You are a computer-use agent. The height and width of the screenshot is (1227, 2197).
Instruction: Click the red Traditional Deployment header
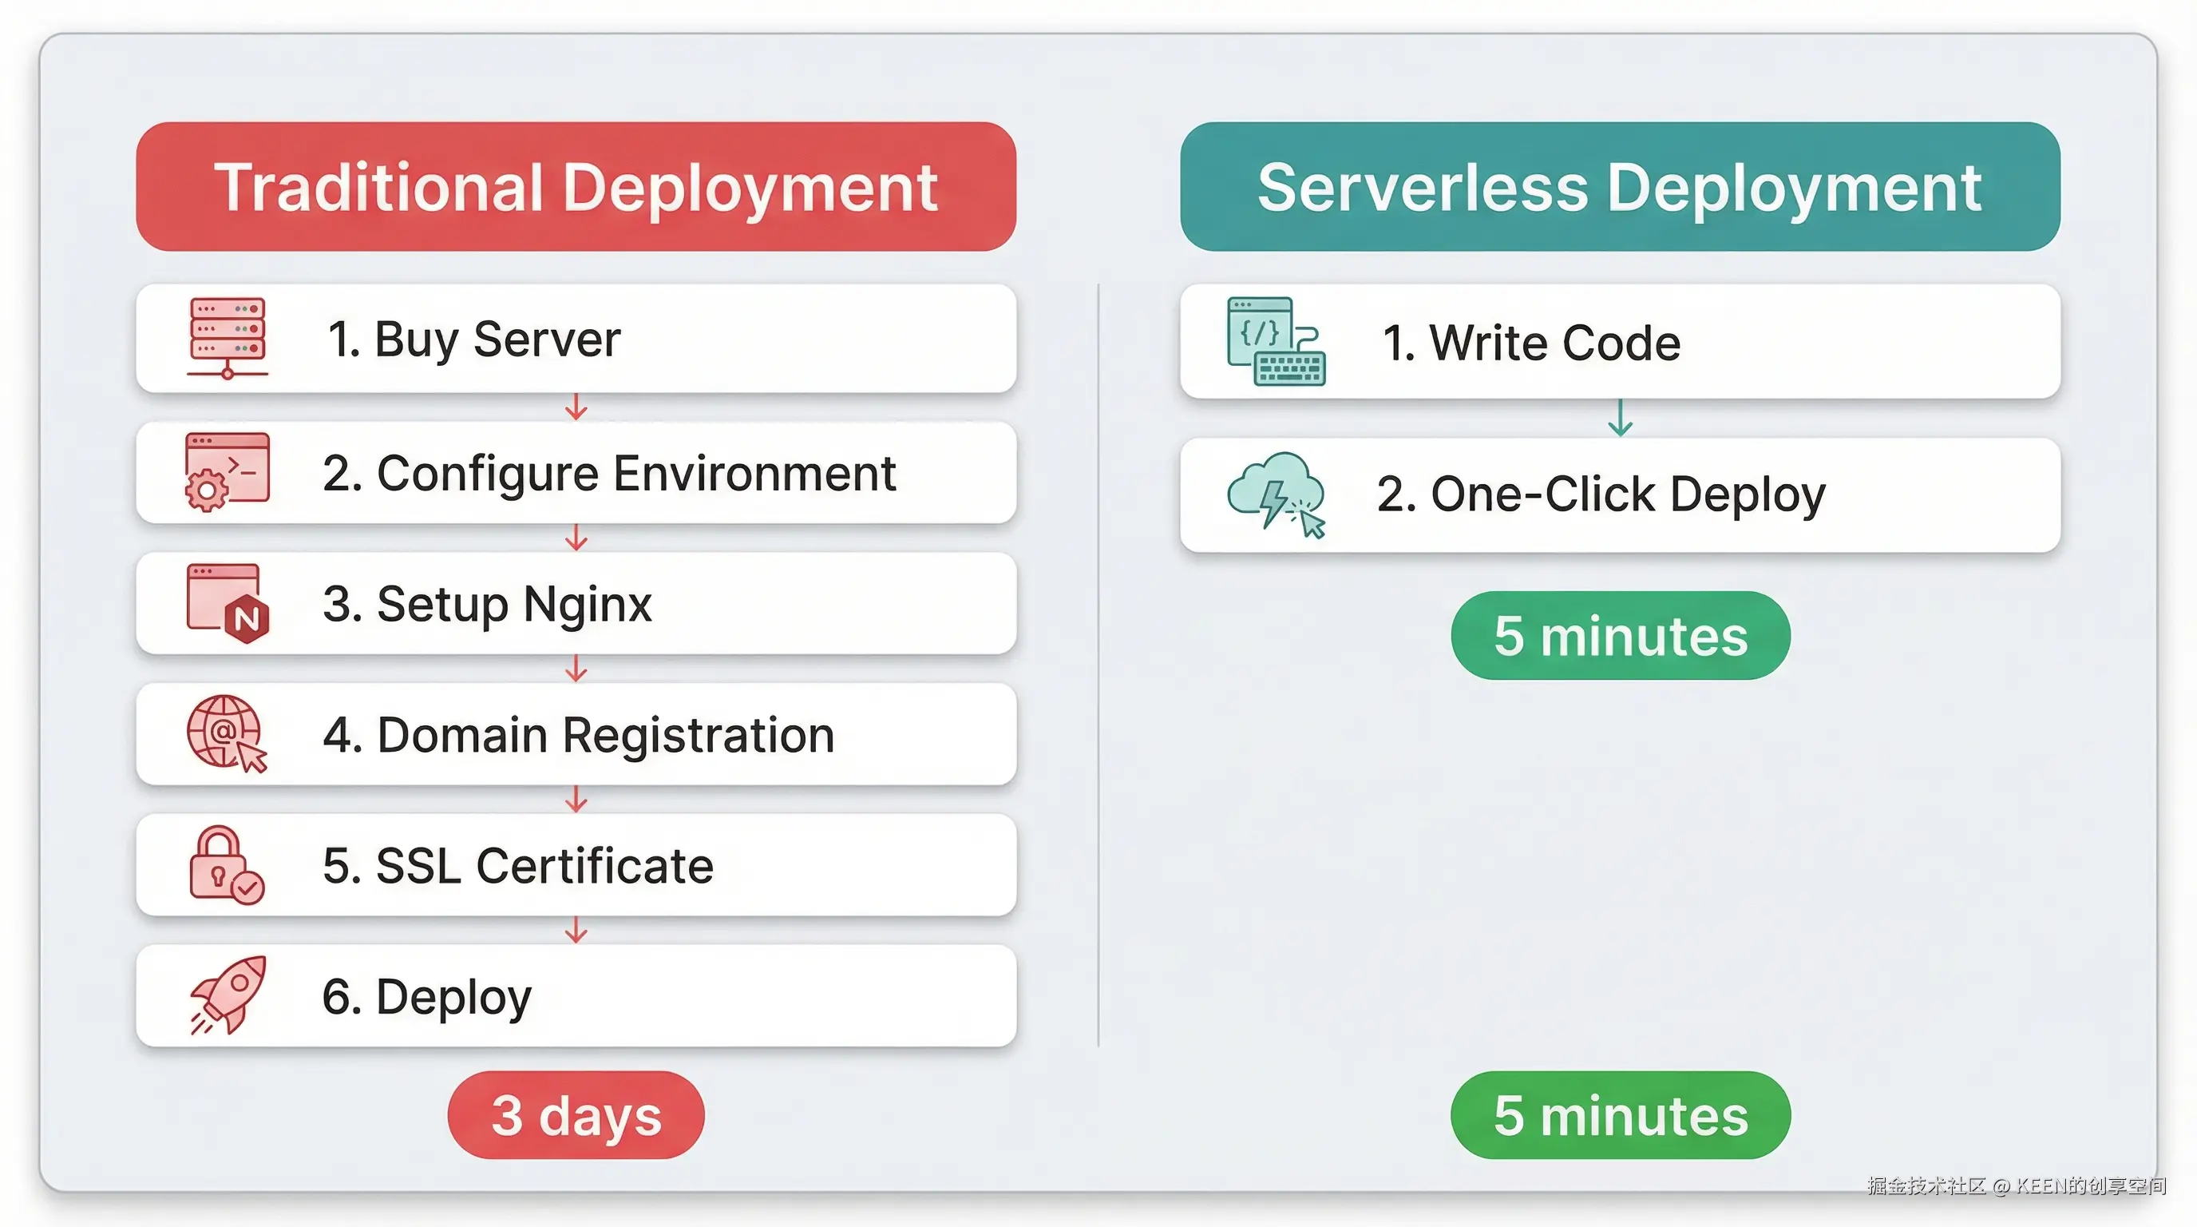coord(576,186)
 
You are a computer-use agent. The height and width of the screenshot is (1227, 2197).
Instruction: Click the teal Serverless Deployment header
coord(1620,186)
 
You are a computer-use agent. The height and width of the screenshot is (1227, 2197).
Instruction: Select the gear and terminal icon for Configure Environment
coord(227,472)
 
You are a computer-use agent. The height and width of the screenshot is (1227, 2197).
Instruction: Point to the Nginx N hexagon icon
coord(247,617)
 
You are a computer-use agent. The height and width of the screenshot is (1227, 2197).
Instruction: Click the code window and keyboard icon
coord(1275,341)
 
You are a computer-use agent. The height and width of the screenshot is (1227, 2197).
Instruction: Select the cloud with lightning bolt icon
coord(1275,493)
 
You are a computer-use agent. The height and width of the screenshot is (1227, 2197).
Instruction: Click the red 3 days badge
coord(576,1114)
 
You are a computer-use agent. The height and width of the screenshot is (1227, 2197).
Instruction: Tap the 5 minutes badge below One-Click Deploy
coord(1620,635)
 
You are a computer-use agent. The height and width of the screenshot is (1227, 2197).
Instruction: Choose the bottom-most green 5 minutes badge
coord(1620,1114)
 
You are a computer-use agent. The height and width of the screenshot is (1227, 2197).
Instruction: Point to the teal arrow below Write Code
coord(1620,417)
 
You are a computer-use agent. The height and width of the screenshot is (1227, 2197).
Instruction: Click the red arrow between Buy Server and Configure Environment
coord(576,407)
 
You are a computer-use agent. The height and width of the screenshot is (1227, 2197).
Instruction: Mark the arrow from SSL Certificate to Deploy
coord(576,930)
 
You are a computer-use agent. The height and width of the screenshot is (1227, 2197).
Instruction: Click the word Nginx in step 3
coord(587,604)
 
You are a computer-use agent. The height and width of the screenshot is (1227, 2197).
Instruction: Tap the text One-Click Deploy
coord(1601,494)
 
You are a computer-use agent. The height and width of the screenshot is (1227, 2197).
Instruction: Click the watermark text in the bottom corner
coord(2015,1185)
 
